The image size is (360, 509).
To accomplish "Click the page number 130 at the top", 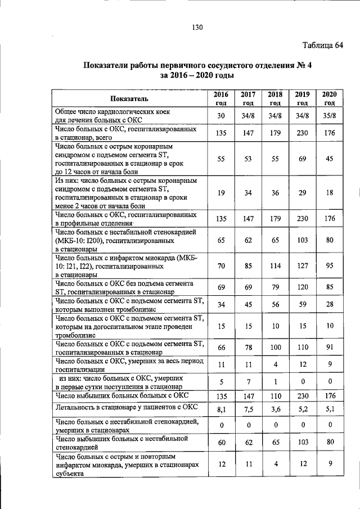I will point(196,27).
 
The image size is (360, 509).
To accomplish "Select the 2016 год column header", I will point(221,98).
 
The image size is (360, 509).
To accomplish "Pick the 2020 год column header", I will point(329,98).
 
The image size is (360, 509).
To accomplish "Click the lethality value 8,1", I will point(221,409).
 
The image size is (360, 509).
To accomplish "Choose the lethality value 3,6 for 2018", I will point(275,409).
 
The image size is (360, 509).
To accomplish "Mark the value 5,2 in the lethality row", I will point(302,409).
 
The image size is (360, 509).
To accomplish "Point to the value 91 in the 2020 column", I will point(329,348).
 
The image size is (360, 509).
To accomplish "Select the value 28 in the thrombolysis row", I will point(329,304).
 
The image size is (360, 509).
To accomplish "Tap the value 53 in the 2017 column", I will point(248,159).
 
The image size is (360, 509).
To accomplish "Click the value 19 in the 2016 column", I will point(221,193).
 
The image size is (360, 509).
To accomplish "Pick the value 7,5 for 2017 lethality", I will point(248,409).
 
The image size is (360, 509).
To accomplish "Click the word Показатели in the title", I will point(109,65).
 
